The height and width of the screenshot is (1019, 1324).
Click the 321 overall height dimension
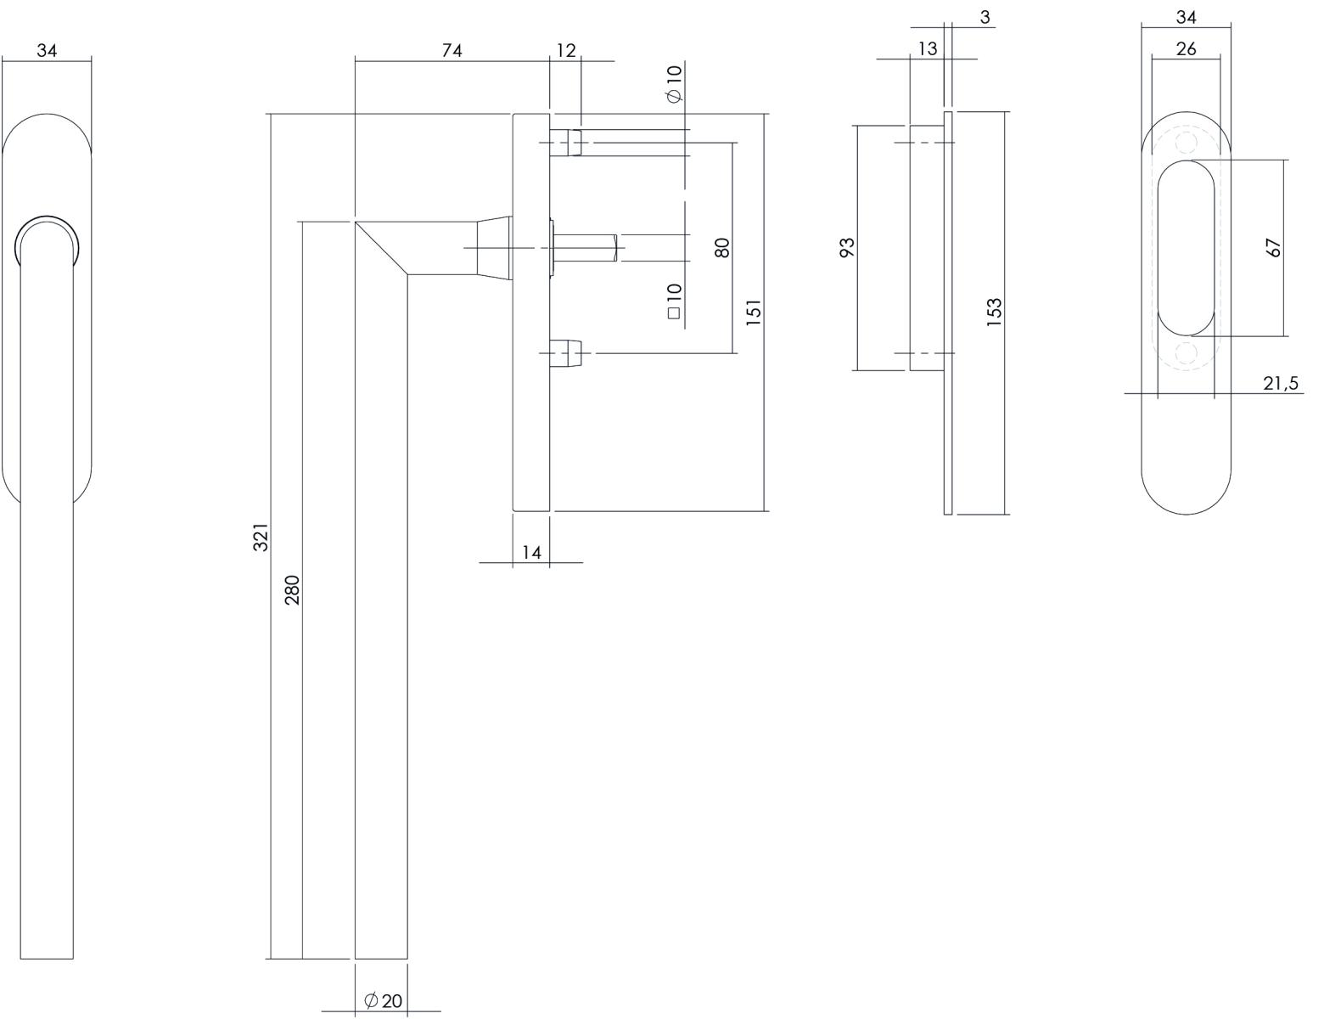(261, 537)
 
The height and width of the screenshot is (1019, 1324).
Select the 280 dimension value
(293, 590)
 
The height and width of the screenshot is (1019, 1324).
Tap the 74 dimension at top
(452, 51)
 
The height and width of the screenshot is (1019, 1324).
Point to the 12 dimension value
(566, 51)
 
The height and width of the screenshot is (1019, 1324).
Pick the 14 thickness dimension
(531, 553)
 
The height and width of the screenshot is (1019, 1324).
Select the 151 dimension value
(754, 312)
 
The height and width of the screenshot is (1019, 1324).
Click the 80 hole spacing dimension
(721, 248)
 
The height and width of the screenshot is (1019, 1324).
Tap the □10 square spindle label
(674, 301)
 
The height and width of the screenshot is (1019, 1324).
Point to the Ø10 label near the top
(675, 83)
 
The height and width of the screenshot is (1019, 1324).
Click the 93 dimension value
(848, 247)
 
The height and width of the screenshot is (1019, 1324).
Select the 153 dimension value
(994, 312)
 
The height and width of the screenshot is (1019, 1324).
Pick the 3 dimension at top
(985, 18)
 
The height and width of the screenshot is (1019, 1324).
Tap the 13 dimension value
(928, 48)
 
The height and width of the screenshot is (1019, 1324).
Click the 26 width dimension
(1186, 48)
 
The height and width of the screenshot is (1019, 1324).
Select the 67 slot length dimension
(1273, 248)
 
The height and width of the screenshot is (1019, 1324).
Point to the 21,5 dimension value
(1281, 383)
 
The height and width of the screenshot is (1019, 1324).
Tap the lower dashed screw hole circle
(1186, 352)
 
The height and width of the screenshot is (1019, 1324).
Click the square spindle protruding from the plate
(584, 248)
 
